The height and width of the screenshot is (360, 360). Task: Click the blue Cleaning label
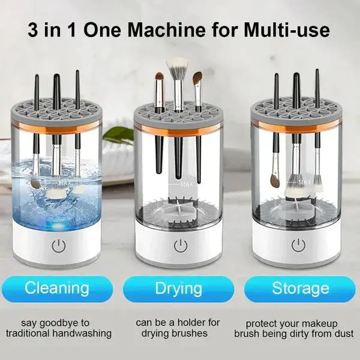[x=57, y=288]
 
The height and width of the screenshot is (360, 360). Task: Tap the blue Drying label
[x=178, y=289]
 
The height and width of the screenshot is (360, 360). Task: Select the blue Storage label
[x=300, y=289]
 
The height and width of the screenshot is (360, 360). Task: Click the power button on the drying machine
[x=179, y=245]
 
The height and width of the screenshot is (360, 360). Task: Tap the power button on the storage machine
[x=298, y=245]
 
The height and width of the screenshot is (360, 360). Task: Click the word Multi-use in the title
[x=286, y=30]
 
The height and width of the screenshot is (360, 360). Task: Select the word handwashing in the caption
[x=82, y=333]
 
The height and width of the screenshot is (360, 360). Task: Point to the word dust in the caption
[x=340, y=333]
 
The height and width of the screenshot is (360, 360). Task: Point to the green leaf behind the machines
[x=116, y=135]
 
